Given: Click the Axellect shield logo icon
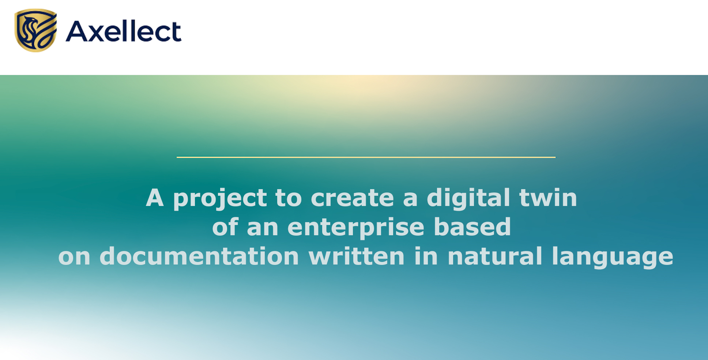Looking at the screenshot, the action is [36, 30].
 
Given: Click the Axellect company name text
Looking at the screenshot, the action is [124, 31].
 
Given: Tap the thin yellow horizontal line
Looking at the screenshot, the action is [366, 157].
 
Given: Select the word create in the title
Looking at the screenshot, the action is [352, 198].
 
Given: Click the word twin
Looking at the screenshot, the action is [548, 198].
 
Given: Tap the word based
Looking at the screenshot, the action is [472, 227].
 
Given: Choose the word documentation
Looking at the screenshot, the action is [199, 256].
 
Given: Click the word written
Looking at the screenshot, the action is [357, 256].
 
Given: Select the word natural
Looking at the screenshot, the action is [495, 256].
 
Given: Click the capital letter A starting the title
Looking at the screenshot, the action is [155, 198].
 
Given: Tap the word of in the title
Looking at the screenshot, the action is [225, 227].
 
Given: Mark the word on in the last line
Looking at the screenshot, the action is [74, 257].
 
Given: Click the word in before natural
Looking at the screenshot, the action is [426, 256].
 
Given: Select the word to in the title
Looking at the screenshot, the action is [289, 198].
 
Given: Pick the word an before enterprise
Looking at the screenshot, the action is [263, 228].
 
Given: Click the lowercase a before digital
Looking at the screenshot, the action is [410, 199].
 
